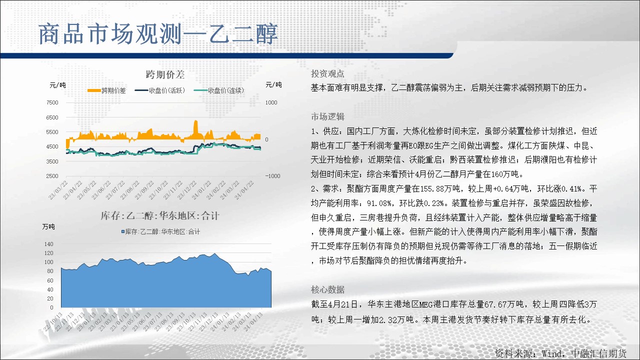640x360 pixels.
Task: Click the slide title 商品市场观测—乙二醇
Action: coord(158,34)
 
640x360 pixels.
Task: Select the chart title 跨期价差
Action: coord(165,74)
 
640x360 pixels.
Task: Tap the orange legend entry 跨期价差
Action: coord(106,90)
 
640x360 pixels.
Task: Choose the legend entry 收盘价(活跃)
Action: coord(160,90)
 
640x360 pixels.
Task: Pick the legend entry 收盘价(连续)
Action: coord(219,90)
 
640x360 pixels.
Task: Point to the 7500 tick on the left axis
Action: coord(52,102)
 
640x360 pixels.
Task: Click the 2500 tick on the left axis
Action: coord(52,176)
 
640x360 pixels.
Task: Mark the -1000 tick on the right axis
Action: coord(272,176)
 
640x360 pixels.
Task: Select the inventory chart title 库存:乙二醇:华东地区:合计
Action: coord(160,215)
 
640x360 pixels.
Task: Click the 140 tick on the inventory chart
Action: coord(49,244)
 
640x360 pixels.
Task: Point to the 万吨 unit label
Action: coord(48,226)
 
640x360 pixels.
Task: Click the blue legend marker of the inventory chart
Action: coord(123,231)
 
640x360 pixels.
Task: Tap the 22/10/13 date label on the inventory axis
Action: coord(53,322)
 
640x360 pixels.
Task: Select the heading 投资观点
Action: coord(327,73)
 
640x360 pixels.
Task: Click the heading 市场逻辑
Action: coord(327,116)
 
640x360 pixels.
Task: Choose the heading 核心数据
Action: coord(327,289)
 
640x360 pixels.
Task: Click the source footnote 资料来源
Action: coord(513,353)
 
